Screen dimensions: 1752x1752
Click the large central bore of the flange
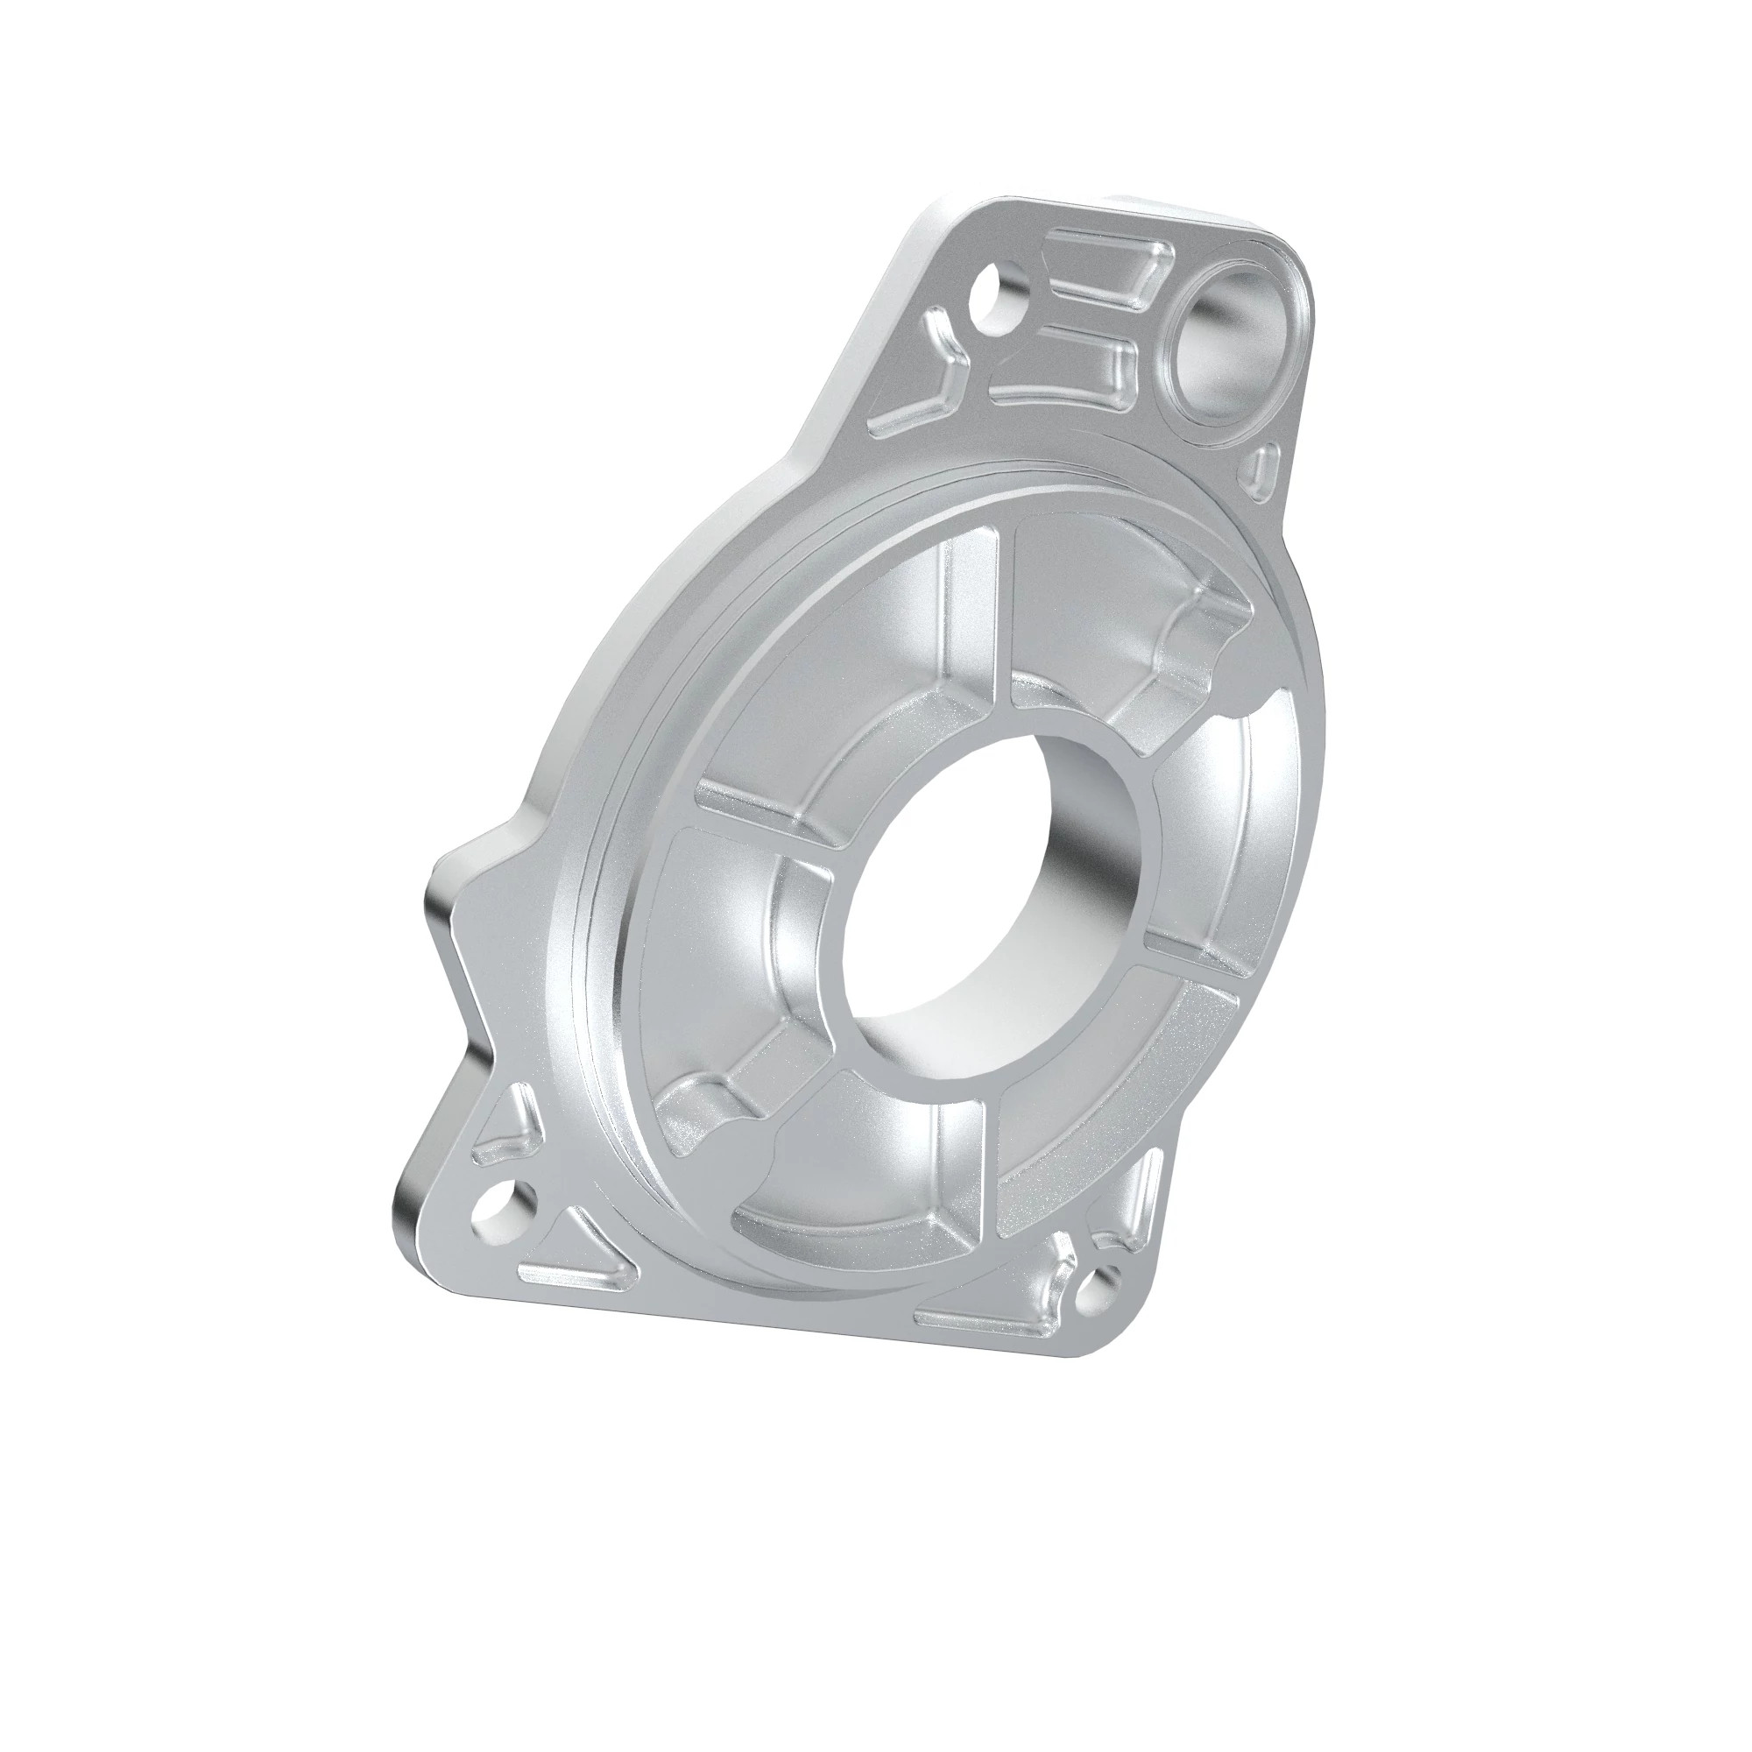pos(988,894)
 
